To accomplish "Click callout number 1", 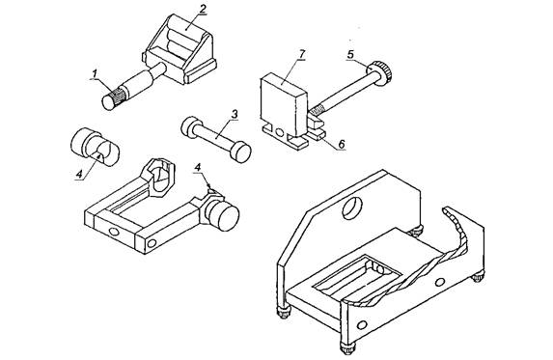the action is coord(95,74).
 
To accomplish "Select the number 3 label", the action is coord(235,115).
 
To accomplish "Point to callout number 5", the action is coord(350,55).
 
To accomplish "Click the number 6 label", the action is coord(341,144).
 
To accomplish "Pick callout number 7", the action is coord(301,55).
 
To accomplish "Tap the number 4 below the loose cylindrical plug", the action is coord(79,174).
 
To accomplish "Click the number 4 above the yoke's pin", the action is coord(198,167).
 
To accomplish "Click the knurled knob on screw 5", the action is coord(380,72).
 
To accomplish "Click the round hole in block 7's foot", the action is coord(279,132).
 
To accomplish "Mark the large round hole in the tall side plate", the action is coord(352,208).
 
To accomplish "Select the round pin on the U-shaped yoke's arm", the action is coord(222,215).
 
